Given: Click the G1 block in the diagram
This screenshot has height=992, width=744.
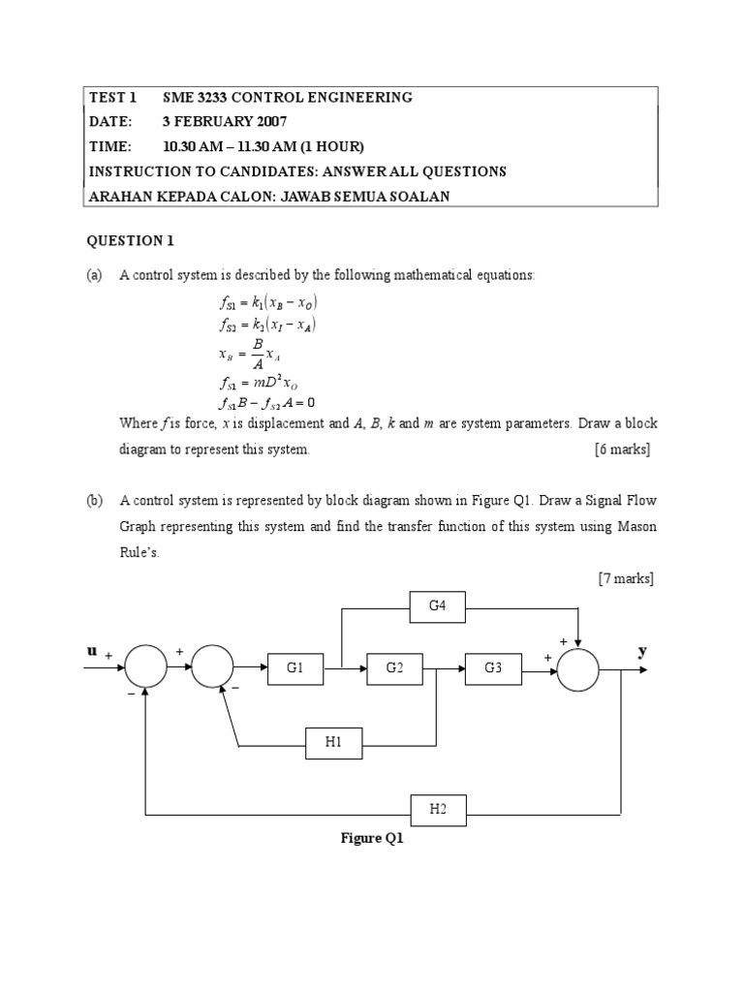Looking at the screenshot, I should pyautogui.click(x=295, y=668).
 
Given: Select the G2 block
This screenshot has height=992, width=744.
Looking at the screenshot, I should pyautogui.click(x=394, y=668).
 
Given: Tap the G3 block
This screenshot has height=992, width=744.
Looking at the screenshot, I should pyautogui.click(x=493, y=668).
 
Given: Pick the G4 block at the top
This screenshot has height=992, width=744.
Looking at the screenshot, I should pyautogui.click(x=438, y=607).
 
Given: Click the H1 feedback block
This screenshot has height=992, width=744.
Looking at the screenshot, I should pyautogui.click(x=334, y=743).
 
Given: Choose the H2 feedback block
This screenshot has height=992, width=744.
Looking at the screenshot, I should pyautogui.click(x=438, y=809).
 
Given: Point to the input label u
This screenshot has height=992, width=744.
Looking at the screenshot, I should pyautogui.click(x=92, y=652).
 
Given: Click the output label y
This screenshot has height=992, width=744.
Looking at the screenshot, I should pyautogui.click(x=641, y=652).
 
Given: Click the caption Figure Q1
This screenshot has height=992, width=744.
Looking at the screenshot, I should pyautogui.click(x=372, y=839).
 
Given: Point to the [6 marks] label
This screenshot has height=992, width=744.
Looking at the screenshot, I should pyautogui.click(x=622, y=449).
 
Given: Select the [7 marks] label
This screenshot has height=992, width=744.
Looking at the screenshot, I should pyautogui.click(x=626, y=579).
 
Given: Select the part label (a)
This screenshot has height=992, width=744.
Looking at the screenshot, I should pyautogui.click(x=94, y=275).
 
